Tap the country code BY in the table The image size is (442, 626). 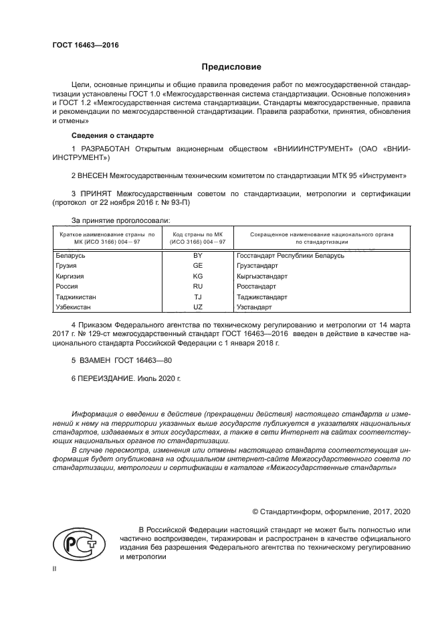(197, 256)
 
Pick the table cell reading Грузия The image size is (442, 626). (66, 266)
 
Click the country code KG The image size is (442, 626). (197, 276)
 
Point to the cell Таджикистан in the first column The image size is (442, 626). (76, 296)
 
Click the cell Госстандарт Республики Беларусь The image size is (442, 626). (290, 256)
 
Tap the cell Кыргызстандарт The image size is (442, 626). (262, 276)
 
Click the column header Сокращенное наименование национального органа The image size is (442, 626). (321, 235)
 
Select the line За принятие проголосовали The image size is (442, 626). (120, 220)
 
